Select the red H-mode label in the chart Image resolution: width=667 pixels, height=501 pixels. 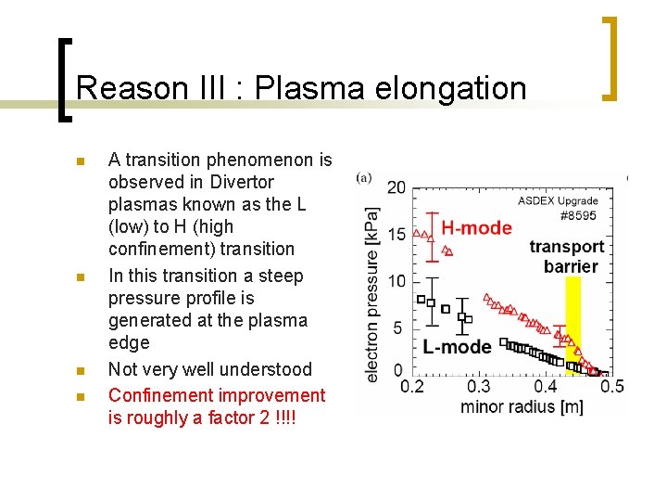click(x=476, y=228)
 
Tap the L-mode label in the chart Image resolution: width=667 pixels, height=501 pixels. click(x=457, y=347)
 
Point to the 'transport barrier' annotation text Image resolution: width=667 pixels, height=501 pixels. click(x=567, y=256)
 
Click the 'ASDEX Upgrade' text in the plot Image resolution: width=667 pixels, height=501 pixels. click(x=558, y=200)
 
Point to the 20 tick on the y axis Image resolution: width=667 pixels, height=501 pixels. click(x=396, y=187)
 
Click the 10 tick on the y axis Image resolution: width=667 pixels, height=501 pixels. click(x=396, y=281)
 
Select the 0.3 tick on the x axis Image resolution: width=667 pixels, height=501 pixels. click(x=478, y=386)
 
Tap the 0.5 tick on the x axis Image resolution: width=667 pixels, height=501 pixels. click(x=611, y=386)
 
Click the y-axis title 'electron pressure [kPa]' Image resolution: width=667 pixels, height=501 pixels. click(x=371, y=293)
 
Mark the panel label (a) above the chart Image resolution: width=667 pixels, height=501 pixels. click(x=365, y=176)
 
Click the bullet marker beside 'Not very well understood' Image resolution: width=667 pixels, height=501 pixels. click(x=80, y=370)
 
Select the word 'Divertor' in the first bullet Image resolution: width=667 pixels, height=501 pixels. click(x=240, y=182)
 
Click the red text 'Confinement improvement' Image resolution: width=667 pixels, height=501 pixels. click(x=217, y=395)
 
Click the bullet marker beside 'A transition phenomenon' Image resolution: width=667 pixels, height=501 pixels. click(x=80, y=161)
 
